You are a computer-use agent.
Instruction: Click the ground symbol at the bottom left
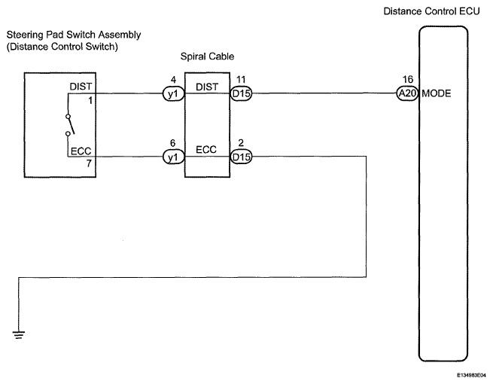[19, 334]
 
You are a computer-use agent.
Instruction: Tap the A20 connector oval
[407, 93]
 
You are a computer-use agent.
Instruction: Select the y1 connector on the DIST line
[173, 93]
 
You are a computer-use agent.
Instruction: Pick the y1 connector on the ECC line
[173, 157]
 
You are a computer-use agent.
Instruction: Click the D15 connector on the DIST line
[241, 93]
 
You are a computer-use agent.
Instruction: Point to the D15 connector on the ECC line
[241, 157]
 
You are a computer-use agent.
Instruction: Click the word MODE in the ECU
[437, 93]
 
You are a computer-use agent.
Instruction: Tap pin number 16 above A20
[408, 79]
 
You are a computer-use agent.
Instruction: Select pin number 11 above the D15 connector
[241, 80]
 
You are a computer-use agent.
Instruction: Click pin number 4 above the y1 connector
[173, 80]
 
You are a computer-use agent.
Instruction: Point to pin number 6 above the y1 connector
[172, 143]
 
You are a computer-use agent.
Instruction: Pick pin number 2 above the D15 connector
[241, 143]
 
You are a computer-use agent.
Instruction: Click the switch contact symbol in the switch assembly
[71, 125]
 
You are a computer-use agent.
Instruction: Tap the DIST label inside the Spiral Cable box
[207, 87]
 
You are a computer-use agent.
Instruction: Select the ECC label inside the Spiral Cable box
[206, 149]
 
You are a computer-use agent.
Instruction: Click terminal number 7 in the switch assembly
[90, 163]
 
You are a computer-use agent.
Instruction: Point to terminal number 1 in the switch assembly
[90, 101]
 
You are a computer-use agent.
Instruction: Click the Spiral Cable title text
[207, 56]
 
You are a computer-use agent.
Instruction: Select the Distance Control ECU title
[432, 11]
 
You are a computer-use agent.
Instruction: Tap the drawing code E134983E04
[473, 375]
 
